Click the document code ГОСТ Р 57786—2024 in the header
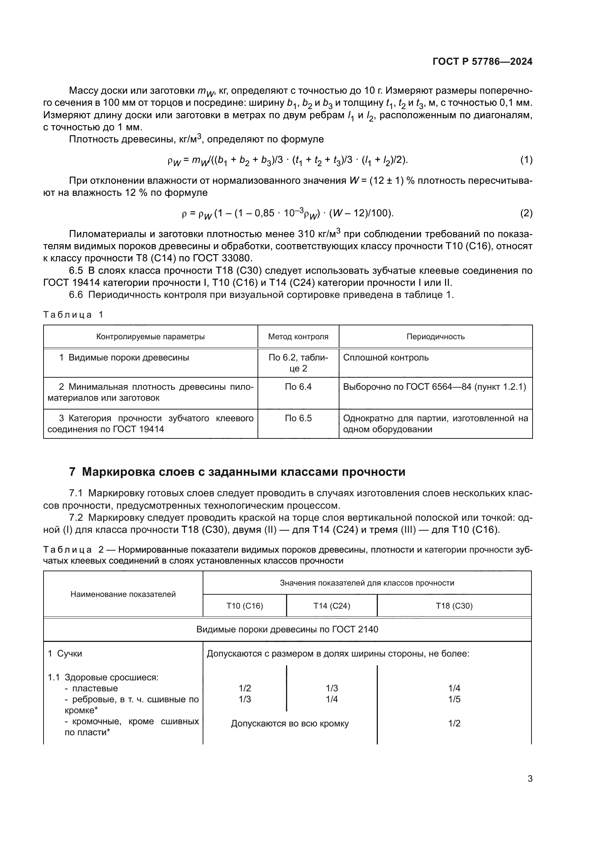click(x=482, y=62)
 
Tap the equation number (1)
click(x=526, y=160)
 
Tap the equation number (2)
click(x=526, y=213)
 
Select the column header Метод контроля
click(x=298, y=337)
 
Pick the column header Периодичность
click(x=435, y=337)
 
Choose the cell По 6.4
click(x=298, y=387)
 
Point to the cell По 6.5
click(x=298, y=418)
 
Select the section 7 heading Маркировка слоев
click(x=237, y=472)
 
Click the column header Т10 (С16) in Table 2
click(x=245, y=606)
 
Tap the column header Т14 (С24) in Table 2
click(x=331, y=606)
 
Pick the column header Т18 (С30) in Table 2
click(x=454, y=606)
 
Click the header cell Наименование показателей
click(x=123, y=594)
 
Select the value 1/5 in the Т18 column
click(x=454, y=699)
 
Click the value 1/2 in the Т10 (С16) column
click(x=245, y=688)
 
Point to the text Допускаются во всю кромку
click(x=290, y=724)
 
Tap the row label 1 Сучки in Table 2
click(x=65, y=654)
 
